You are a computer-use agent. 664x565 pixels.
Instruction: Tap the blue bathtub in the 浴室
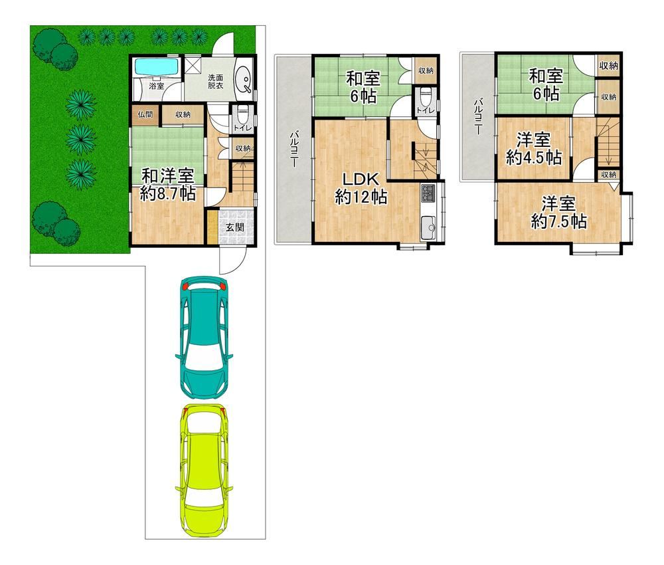[x=156, y=68]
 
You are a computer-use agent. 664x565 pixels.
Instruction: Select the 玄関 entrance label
[x=234, y=227]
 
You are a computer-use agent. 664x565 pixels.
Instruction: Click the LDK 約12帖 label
[x=361, y=187]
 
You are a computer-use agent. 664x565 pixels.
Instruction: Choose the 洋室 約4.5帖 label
[x=533, y=149]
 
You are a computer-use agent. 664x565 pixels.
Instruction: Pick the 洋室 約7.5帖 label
[x=558, y=212]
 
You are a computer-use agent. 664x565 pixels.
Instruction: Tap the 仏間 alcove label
[x=145, y=115]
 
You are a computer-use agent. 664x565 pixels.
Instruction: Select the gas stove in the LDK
[x=427, y=194]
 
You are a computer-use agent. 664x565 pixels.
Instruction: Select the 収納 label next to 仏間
[x=183, y=115]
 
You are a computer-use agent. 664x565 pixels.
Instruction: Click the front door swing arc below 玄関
[x=231, y=263]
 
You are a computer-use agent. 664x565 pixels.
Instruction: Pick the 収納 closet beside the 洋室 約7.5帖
[x=608, y=175]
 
